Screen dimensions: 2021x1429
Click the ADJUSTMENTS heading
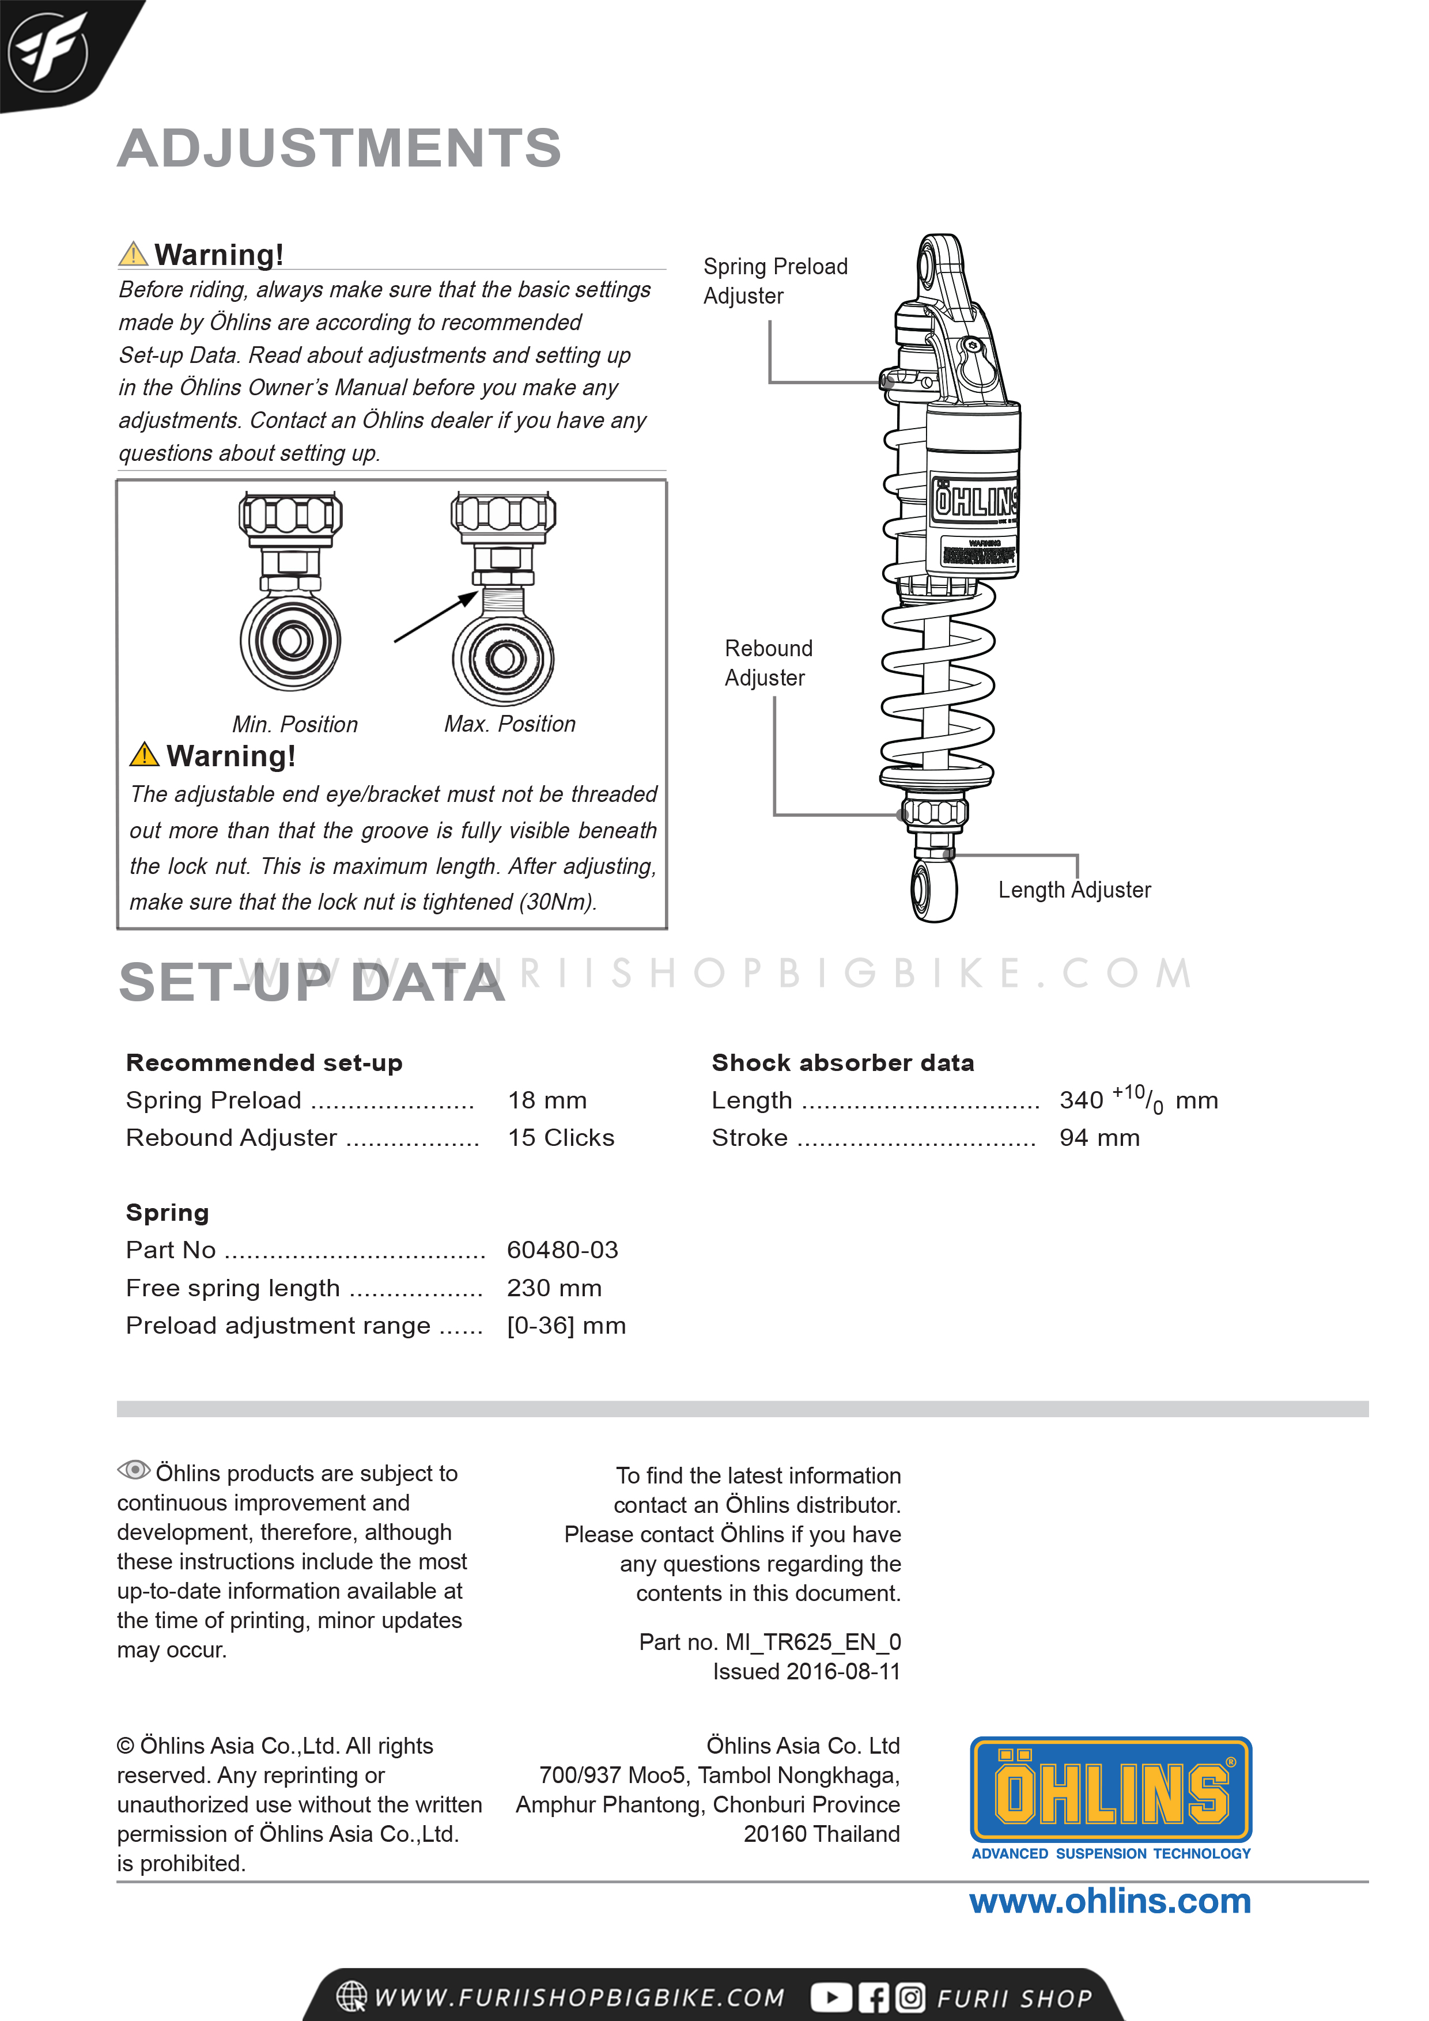click(x=339, y=148)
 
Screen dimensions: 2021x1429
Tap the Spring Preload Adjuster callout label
click(x=775, y=281)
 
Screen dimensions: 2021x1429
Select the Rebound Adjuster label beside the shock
click(x=768, y=663)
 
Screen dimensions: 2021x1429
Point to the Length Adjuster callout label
click(x=1074, y=890)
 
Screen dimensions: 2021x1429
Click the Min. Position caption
click(x=295, y=724)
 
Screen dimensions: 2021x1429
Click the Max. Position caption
click(x=510, y=724)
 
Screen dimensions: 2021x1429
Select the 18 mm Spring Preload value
click(x=547, y=1100)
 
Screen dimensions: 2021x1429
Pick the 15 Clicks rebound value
click(x=561, y=1138)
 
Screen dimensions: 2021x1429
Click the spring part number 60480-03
click(x=562, y=1250)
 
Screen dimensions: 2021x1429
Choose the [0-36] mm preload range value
click(x=566, y=1326)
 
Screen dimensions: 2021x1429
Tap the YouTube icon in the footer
click(x=830, y=1997)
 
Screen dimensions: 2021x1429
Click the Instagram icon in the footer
click(x=910, y=1997)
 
